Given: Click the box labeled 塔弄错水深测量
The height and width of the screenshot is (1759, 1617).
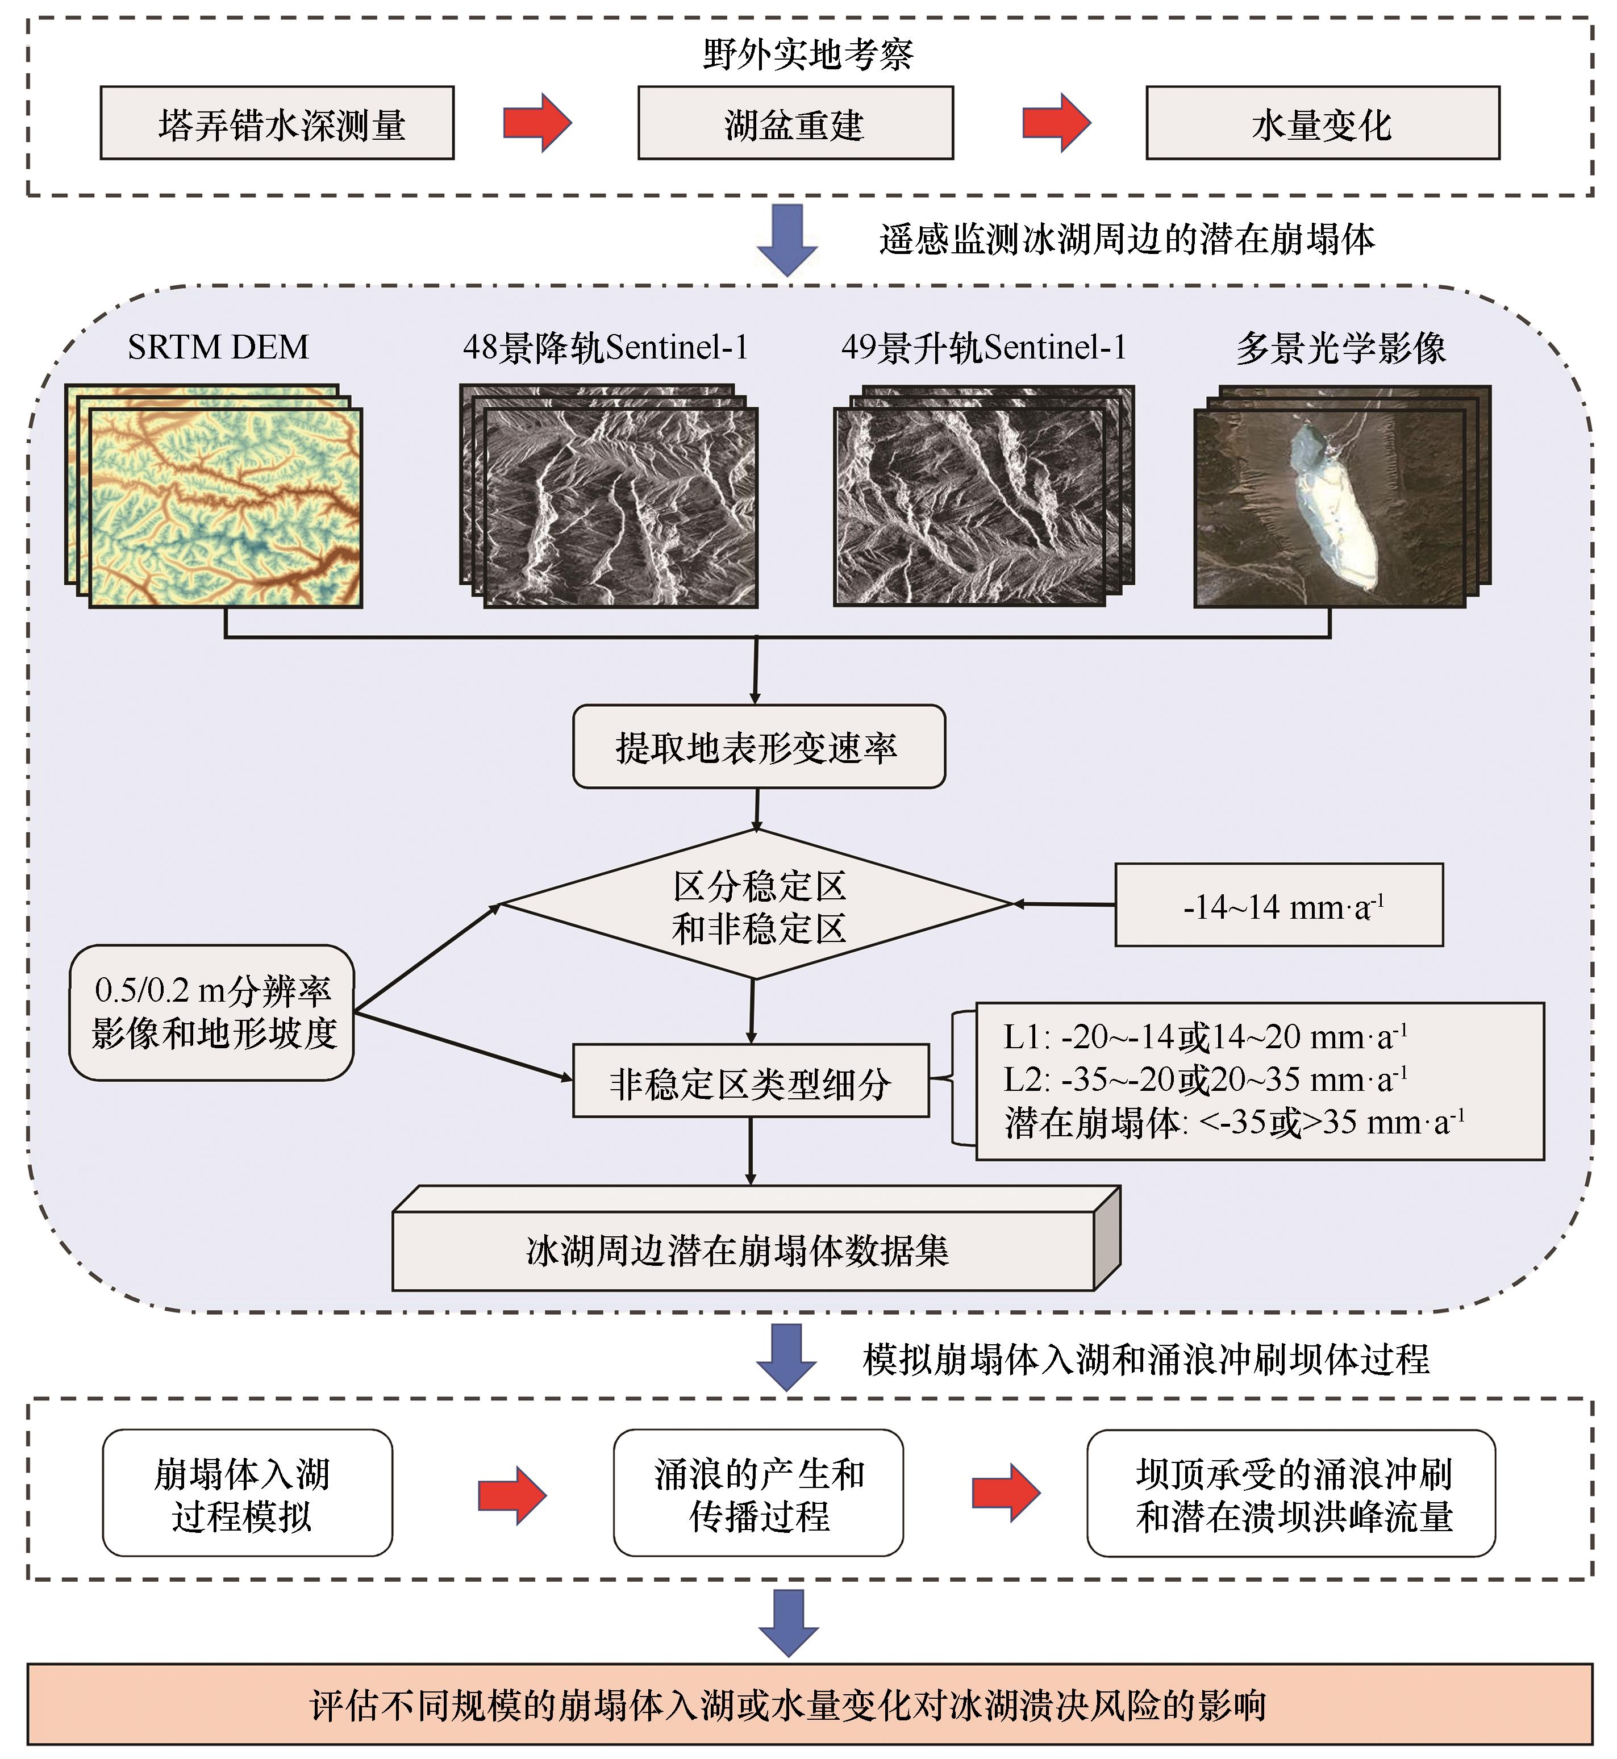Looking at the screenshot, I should point(277,123).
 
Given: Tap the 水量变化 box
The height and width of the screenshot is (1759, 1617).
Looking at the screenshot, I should point(1322,123).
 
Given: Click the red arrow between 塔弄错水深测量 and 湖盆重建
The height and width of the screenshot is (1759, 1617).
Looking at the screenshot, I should point(536,123).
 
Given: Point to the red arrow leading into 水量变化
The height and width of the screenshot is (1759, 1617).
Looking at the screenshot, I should point(1056,123).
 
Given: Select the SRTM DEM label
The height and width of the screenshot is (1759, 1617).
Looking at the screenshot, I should point(218,347).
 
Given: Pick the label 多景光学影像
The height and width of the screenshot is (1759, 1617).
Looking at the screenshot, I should point(1340,347).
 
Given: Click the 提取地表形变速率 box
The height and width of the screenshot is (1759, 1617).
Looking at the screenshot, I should point(758,747).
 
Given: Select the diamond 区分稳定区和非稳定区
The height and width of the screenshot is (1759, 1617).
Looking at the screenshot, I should point(758,905).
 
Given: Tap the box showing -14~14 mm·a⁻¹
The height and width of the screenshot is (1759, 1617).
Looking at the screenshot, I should point(1278,905).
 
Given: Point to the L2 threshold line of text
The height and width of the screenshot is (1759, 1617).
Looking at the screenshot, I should point(1205,1081).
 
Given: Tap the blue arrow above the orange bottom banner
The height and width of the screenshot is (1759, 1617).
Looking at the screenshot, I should point(787,1623).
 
